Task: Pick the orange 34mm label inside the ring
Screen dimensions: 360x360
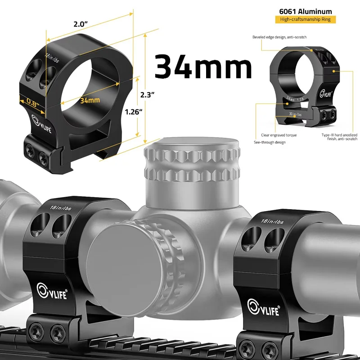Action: tap(90, 100)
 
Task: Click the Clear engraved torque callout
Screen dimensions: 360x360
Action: tap(279, 135)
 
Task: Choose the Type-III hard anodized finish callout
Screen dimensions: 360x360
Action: tap(339, 137)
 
